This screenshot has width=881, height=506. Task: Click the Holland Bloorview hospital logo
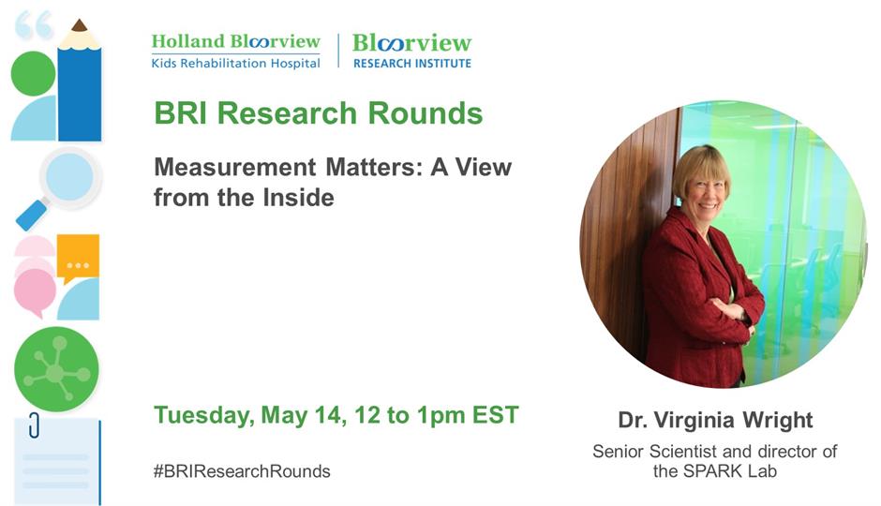235,52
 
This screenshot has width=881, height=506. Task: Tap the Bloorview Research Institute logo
411,52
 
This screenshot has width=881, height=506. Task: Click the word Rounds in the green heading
426,112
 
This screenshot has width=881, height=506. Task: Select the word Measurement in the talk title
235,167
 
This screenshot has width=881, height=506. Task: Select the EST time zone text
495,415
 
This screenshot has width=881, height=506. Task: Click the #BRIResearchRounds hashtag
242,470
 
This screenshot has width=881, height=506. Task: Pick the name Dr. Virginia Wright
715,420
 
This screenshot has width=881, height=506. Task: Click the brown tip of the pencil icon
80,24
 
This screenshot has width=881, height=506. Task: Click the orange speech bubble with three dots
78,258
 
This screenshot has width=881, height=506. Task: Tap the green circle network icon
56,369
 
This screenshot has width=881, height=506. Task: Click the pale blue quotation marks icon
34,25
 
